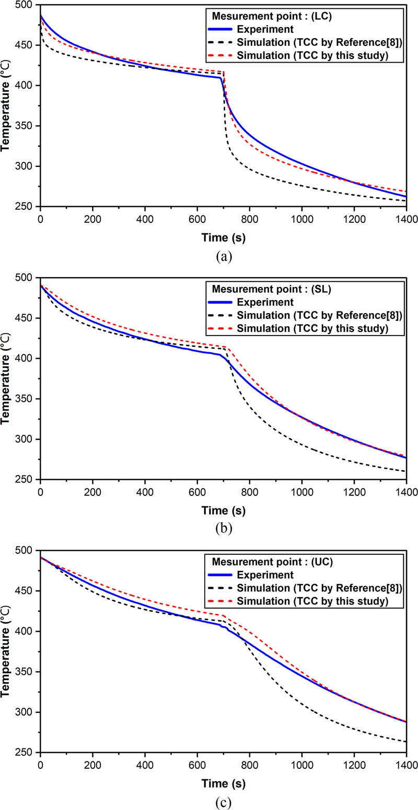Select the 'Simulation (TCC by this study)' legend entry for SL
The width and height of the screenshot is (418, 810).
pos(312,329)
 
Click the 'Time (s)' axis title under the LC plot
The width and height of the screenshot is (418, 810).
pos(223,237)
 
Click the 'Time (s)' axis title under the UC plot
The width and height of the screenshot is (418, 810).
pos(223,783)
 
